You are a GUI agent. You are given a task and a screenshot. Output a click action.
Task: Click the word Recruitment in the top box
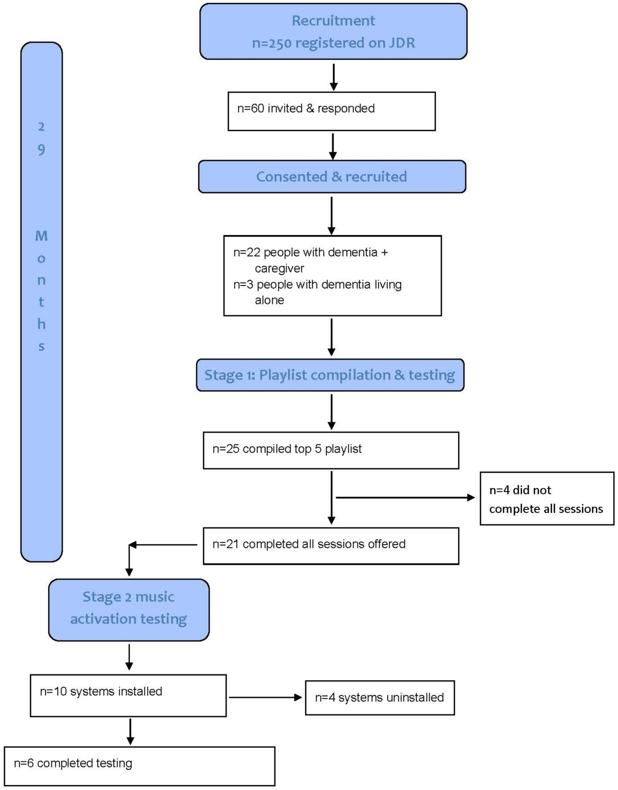(x=333, y=20)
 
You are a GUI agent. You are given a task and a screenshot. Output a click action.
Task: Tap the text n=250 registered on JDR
(x=333, y=43)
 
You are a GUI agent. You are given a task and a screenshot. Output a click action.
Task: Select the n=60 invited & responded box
(x=331, y=111)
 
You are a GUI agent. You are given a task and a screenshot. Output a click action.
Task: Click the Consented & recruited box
(x=331, y=177)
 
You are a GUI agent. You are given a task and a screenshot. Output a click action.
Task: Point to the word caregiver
(x=279, y=269)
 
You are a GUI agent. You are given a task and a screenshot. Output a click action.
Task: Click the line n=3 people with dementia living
(x=317, y=285)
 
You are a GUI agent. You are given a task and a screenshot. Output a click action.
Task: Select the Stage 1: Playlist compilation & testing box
(x=330, y=375)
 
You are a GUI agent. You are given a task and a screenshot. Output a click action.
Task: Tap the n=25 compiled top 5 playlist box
(x=331, y=450)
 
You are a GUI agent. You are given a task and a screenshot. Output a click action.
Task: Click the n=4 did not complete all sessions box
(x=546, y=498)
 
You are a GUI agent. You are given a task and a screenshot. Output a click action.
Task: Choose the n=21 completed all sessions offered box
(x=331, y=546)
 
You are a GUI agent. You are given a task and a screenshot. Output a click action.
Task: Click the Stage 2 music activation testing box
(x=129, y=610)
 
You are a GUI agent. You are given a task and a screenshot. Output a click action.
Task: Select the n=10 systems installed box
(x=128, y=695)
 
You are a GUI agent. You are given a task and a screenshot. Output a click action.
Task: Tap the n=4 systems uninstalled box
(x=379, y=698)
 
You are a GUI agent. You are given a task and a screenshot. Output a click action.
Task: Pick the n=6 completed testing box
(x=140, y=766)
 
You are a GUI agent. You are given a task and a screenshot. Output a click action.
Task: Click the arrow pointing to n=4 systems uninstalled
(x=265, y=698)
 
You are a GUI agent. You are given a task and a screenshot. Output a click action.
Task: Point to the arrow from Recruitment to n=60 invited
(x=334, y=77)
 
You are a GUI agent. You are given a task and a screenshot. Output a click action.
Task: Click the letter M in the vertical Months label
(x=41, y=236)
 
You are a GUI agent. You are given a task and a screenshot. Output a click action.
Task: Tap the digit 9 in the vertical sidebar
(x=41, y=150)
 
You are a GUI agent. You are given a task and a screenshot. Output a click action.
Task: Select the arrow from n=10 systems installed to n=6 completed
(x=130, y=731)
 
